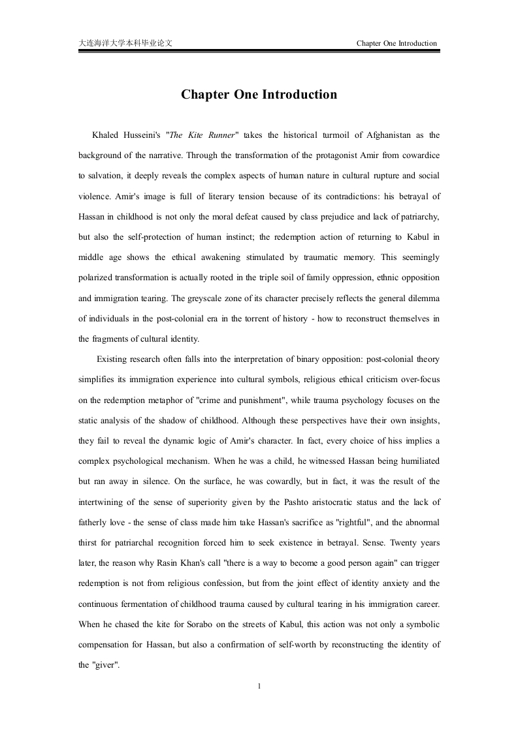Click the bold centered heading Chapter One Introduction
[x=259, y=95]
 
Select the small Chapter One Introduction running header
[x=397, y=43]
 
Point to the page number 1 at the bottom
[x=259, y=686]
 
